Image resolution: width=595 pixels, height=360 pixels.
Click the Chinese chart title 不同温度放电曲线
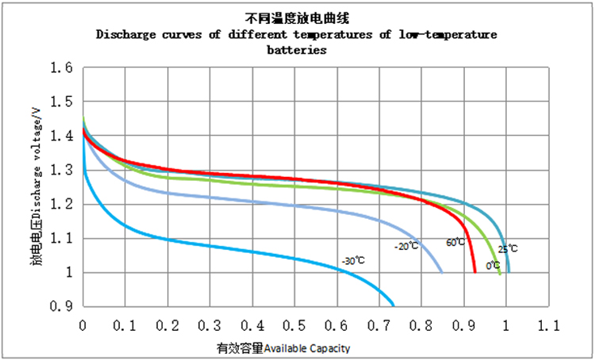(297, 18)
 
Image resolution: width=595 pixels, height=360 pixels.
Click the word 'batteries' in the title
(297, 49)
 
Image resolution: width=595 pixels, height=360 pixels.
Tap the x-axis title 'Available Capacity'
(306, 348)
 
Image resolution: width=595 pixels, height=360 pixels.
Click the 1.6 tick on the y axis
(62, 69)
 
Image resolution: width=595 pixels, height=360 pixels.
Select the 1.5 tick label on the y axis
(62, 103)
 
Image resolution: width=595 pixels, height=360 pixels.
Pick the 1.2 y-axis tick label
(62, 205)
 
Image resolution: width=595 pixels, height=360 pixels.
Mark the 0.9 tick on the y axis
(62, 307)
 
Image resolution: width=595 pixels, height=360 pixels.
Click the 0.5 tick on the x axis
(295, 325)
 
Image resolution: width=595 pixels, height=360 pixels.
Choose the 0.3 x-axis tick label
(210, 325)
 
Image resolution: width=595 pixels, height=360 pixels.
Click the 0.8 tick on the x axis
(422, 325)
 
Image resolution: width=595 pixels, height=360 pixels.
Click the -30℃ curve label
(353, 260)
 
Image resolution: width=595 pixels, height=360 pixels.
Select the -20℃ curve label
(405, 247)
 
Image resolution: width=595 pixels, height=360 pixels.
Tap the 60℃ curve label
(455, 242)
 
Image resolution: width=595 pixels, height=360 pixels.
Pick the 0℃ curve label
(493, 265)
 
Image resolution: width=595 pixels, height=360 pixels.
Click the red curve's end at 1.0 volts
(474, 272)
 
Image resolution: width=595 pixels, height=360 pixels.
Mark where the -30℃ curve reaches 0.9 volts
(393, 305)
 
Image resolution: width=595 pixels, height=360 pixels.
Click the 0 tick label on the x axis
(83, 325)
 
